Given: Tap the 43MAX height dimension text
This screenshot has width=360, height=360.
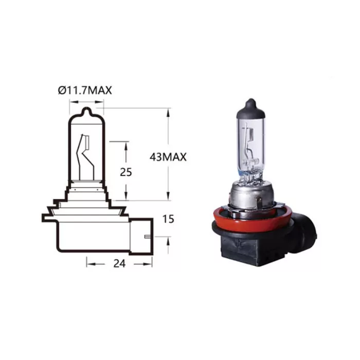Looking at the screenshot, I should pyautogui.click(x=167, y=157).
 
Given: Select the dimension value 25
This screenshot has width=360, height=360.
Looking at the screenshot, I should pyautogui.click(x=125, y=172).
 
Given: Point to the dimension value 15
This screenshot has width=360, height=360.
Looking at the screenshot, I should pyautogui.click(x=168, y=219).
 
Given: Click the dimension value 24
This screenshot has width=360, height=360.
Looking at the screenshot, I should pyautogui.click(x=119, y=263).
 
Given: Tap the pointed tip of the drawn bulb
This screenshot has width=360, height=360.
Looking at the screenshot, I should pyautogui.click(x=86, y=110).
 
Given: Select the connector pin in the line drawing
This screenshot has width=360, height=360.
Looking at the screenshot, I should pyautogui.click(x=148, y=237).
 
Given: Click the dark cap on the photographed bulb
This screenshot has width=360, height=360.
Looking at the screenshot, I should pyautogui.click(x=250, y=104).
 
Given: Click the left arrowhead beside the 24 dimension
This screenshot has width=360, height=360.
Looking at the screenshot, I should pyautogui.click(x=89, y=263).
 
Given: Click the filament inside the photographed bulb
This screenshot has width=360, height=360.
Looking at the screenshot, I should pyautogui.click(x=249, y=149).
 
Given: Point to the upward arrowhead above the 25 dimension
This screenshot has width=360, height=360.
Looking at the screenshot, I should pyautogui.click(x=126, y=145).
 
